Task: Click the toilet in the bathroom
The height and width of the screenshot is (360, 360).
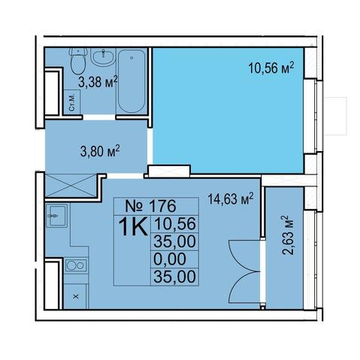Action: pos(79,60)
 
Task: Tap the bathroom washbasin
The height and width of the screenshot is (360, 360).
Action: pos(103,57)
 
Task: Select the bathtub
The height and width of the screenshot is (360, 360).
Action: pos(132,81)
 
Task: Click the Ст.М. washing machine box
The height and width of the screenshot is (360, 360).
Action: pos(72,102)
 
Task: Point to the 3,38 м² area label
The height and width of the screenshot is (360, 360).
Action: pos(98,81)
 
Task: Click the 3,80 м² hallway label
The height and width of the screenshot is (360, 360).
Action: pos(100,151)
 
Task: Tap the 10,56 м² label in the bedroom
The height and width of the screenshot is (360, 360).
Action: pos(271,68)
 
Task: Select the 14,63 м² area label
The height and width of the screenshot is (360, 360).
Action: pos(231,198)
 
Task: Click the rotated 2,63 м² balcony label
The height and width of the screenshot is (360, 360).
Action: pos(287,235)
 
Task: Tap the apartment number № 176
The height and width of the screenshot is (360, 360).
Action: pos(151,206)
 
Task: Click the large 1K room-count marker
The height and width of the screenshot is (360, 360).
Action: pos(133,226)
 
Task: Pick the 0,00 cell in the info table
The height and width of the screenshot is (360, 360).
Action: pos(170,259)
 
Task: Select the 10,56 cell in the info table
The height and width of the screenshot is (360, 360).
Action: pos(174,223)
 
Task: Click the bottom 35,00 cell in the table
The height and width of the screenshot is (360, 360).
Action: pos(174,277)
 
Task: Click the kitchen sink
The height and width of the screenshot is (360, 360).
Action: pos(56,216)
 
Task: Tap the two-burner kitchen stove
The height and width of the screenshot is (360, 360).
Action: pos(76,265)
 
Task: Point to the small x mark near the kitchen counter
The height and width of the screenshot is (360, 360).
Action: pos(76,297)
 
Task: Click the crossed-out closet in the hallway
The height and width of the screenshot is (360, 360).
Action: pos(71,185)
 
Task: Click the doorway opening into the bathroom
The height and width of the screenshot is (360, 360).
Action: pos(99,117)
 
